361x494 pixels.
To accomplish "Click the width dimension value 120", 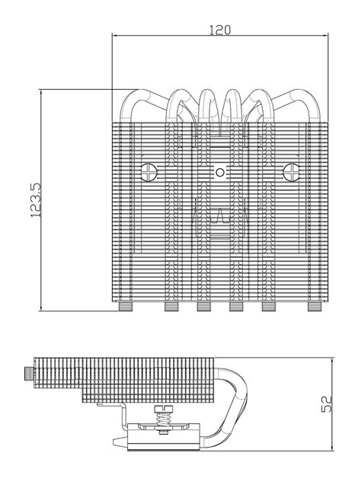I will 220,30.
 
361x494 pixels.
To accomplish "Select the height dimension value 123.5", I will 34,199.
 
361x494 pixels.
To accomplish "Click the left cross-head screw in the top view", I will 149,171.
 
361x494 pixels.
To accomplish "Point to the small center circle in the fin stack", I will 220,172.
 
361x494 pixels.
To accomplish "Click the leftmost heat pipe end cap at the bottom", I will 127,308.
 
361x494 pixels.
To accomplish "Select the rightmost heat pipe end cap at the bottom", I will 313,308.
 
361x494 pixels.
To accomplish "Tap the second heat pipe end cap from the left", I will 171,308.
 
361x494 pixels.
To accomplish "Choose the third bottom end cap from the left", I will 204,308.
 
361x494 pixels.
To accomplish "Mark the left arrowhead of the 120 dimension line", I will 115,36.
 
